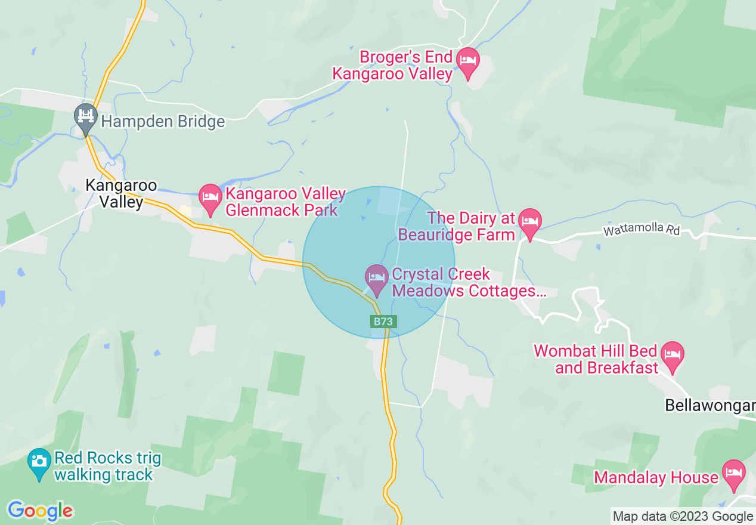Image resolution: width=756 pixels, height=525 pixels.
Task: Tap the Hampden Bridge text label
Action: pos(163,122)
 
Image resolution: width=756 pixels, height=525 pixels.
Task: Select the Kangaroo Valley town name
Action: pos(121,193)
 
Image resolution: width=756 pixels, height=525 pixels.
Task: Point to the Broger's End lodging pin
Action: pos(467,61)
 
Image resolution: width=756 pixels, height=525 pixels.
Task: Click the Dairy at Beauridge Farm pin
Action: pos(529,222)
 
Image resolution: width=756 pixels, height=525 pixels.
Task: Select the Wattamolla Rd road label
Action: pos(641,230)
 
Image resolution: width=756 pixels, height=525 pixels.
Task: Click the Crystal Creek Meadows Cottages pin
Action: pos(376,278)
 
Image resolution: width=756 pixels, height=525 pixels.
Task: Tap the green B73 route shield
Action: pos(383,322)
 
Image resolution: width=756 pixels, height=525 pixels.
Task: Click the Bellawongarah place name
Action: pos(709,406)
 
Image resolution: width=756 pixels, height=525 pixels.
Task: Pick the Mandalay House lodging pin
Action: pos(733,474)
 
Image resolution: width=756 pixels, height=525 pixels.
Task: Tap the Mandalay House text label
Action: pos(656,478)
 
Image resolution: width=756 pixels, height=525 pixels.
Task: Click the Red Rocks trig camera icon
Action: pos(39,462)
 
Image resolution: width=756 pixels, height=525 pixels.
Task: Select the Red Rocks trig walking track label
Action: pos(107,467)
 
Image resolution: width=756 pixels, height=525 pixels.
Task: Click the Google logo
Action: pos(40,511)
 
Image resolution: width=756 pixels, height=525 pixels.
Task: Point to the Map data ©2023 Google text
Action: pos(683,517)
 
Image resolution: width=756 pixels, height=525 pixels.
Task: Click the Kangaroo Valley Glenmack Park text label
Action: pos(285,202)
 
